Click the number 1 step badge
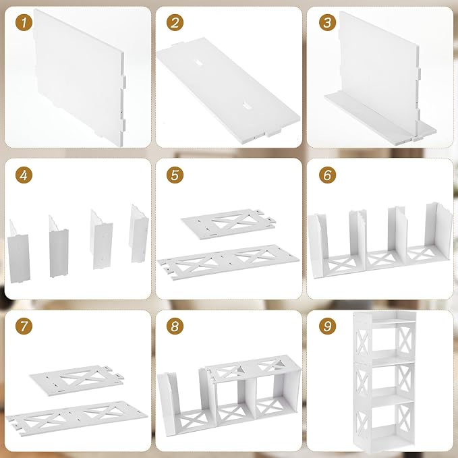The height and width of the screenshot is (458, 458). [x=24, y=22]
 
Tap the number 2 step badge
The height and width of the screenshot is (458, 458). [x=175, y=22]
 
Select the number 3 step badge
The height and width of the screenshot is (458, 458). [x=327, y=22]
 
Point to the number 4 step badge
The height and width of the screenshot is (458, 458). [x=24, y=175]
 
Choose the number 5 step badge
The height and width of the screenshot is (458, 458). [x=175, y=175]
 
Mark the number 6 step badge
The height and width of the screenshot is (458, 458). [x=327, y=175]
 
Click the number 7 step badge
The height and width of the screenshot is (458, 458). [x=24, y=326]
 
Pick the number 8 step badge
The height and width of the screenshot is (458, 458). [x=175, y=326]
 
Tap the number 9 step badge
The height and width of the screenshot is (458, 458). [x=327, y=326]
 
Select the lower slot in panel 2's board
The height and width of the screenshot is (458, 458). [x=247, y=106]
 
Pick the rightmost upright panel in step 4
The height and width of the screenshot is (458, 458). [x=139, y=233]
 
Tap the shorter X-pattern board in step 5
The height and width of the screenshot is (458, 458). [x=228, y=224]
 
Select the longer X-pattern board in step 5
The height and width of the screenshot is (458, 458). [x=228, y=262]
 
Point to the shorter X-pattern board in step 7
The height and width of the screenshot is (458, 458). [x=76, y=380]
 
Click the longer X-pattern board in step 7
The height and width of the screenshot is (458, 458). [x=76, y=418]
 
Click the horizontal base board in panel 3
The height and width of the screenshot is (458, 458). [x=380, y=119]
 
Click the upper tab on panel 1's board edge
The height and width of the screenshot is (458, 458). [x=123, y=82]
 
